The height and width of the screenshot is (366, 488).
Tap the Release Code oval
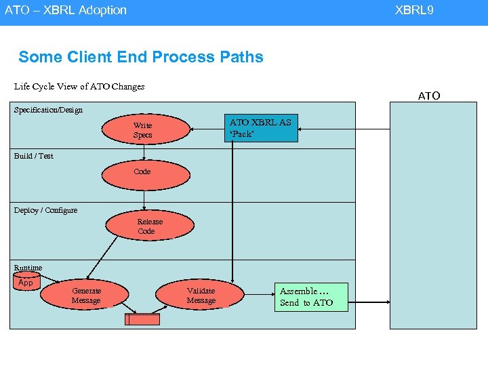(x=149, y=226)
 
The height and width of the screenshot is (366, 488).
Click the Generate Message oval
(x=86, y=296)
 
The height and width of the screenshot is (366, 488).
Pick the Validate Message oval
(x=201, y=296)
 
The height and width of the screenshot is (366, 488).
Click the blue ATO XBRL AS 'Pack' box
(x=261, y=127)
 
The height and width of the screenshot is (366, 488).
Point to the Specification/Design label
(x=48, y=110)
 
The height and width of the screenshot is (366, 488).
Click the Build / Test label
(x=34, y=156)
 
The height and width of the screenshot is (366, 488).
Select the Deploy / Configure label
(x=46, y=210)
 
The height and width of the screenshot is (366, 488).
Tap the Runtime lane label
(x=28, y=268)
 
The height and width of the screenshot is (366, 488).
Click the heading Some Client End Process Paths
(x=141, y=57)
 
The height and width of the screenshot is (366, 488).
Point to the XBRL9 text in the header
(x=414, y=10)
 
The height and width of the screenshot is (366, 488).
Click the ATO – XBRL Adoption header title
(x=66, y=10)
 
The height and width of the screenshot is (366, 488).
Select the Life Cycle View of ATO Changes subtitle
(x=79, y=87)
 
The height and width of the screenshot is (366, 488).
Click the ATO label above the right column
(x=429, y=96)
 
